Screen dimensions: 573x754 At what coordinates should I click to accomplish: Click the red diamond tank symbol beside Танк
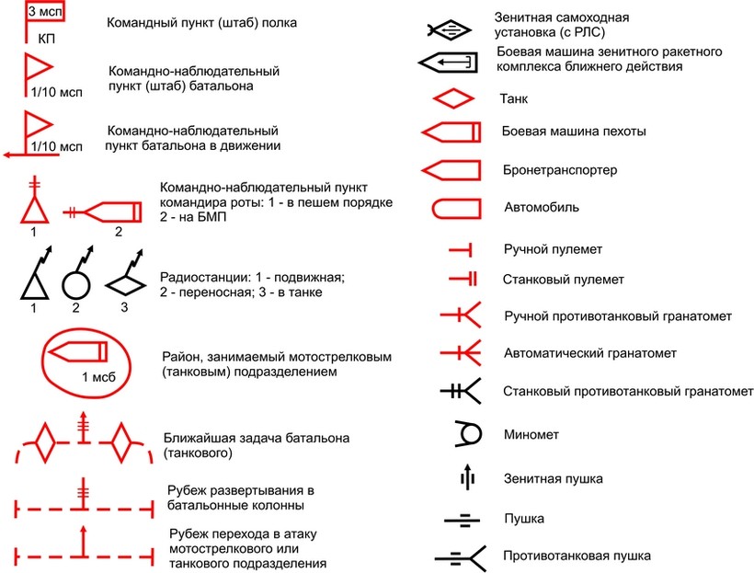pos(451,97)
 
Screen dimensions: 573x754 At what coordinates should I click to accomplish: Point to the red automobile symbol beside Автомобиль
pos(451,207)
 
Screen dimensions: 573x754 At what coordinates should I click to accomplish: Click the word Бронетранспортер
pos(560,171)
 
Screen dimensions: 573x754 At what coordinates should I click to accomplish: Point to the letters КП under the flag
pos(46,40)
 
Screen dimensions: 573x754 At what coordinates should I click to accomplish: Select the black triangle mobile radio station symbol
pos(33,280)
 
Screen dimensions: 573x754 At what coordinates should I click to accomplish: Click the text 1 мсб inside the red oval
pos(97,376)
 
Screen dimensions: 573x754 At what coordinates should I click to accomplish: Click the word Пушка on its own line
pos(524,519)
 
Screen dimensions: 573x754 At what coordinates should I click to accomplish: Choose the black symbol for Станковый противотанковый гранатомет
pos(463,392)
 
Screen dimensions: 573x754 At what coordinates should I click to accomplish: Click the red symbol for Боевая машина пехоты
pos(451,132)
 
